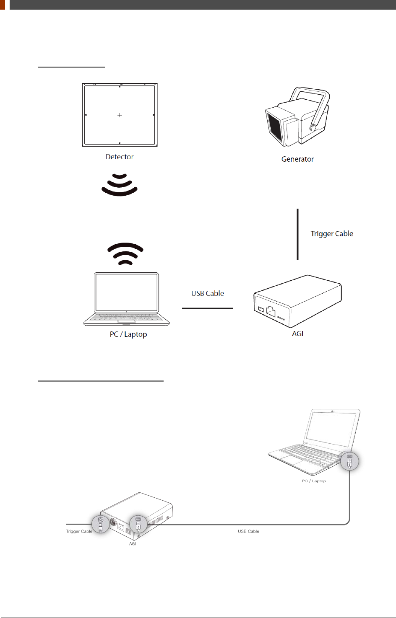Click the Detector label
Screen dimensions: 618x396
point(120,157)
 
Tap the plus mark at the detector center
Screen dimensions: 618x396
point(120,115)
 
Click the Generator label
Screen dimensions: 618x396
point(297,159)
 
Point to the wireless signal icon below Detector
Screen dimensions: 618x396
point(120,184)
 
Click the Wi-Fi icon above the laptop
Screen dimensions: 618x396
point(125,254)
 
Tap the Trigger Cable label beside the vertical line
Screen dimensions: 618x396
point(332,234)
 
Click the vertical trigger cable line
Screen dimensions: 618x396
point(298,234)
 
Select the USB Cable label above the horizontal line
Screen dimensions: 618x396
point(208,293)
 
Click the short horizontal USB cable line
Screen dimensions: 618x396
point(208,308)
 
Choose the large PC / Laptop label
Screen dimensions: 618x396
point(128,334)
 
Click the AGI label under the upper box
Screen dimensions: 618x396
point(297,334)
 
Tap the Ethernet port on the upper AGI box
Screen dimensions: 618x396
point(271,311)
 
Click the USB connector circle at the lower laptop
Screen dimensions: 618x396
point(349,461)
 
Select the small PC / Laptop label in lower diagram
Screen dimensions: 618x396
point(314,481)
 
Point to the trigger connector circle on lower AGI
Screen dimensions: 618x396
point(101,524)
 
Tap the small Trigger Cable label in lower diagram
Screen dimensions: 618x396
point(79,531)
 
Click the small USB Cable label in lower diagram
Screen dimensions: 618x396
point(248,531)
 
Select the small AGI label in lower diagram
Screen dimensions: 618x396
point(133,543)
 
